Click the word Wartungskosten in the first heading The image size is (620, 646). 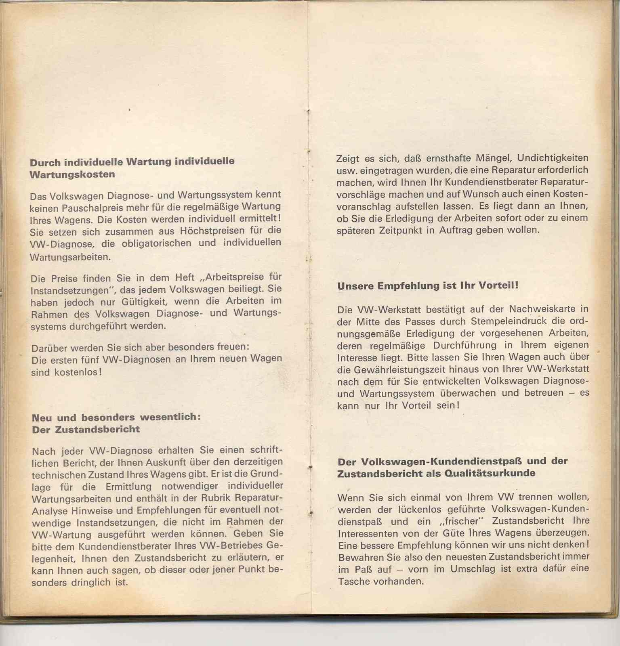point(72,175)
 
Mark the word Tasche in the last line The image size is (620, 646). point(352,581)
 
